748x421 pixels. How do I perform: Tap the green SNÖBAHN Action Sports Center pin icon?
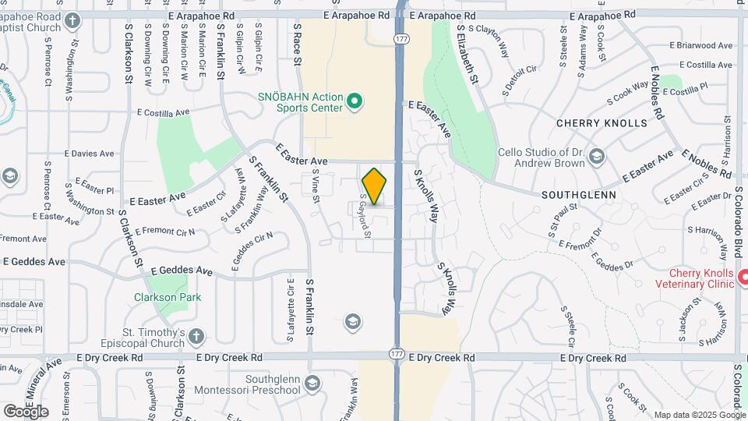coord(355,101)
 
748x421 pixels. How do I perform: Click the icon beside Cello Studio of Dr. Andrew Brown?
coord(597,156)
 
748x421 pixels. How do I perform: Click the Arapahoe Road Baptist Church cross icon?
coord(72,20)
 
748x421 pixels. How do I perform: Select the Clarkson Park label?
coord(168,297)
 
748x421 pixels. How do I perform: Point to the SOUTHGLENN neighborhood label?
coord(580,194)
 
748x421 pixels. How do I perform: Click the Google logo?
coord(25,411)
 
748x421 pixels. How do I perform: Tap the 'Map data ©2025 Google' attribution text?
coord(700,415)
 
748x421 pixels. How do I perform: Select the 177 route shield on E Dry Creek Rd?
coord(395,354)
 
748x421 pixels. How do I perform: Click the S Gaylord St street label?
coord(364,216)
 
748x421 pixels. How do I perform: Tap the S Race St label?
coord(297,42)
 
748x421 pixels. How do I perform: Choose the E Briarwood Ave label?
coord(700,45)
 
